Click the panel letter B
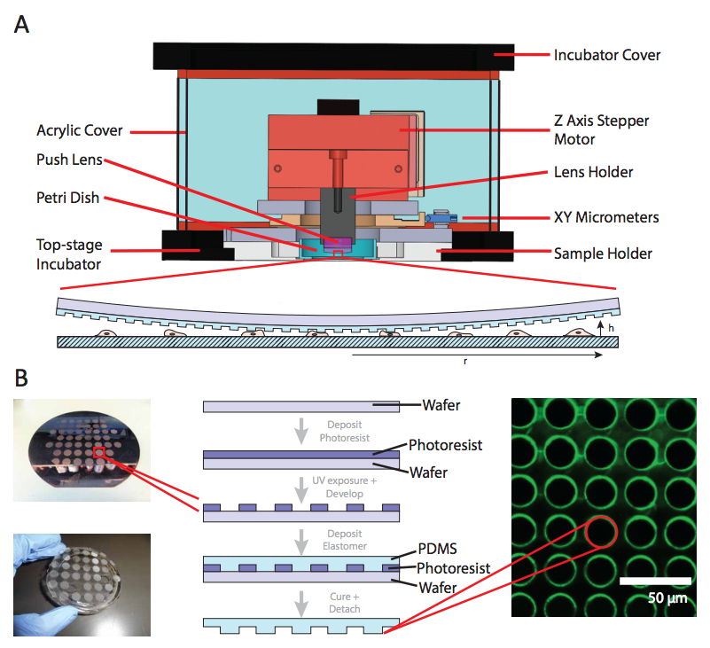point(21,379)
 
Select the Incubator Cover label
point(607,55)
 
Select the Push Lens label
point(70,160)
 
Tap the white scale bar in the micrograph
point(654,582)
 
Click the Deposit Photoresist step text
point(346,430)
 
